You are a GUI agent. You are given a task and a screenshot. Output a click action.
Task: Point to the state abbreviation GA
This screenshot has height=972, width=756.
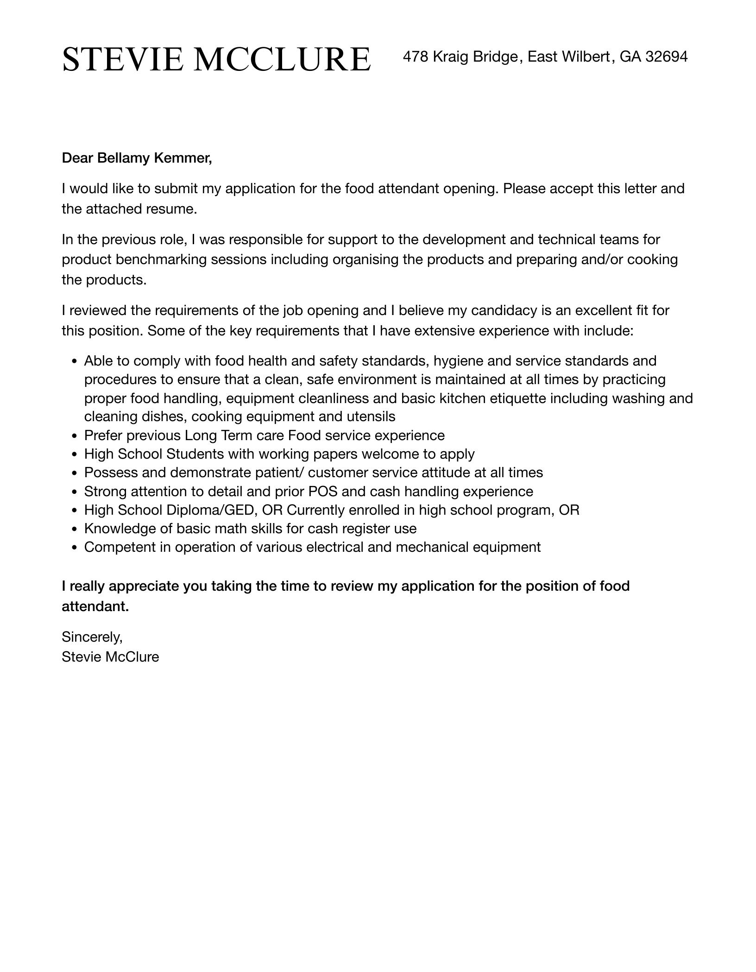630,57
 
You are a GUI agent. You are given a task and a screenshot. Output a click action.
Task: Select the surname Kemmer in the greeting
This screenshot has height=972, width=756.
183,158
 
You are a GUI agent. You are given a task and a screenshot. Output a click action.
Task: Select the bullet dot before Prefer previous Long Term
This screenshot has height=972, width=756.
74,436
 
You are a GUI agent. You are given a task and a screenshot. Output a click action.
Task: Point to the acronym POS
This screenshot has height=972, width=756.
323,492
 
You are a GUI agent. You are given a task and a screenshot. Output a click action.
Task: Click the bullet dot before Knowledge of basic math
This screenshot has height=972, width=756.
74,530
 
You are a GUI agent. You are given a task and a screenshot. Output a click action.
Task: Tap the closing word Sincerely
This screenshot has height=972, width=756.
92,637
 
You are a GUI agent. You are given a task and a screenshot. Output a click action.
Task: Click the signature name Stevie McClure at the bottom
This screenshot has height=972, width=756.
110,657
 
